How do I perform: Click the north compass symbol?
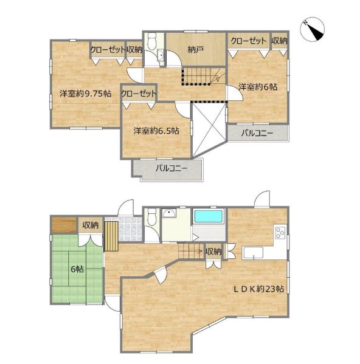point(312,29)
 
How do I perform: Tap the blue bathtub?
point(208,216)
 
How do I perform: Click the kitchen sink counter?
point(252,253)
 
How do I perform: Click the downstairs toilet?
point(151,216)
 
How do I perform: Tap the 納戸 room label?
point(196,49)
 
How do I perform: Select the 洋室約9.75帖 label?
point(85,94)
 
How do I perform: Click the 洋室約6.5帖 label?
point(156,131)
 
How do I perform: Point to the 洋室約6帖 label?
point(258,87)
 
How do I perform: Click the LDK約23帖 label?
point(258,289)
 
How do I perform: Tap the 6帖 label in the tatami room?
point(77,269)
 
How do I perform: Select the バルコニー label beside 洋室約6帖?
point(257,133)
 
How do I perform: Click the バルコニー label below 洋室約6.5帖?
point(171,168)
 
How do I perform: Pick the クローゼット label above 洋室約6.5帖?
point(139,94)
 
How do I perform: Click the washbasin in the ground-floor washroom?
point(169,213)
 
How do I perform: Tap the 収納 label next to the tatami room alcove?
point(91,225)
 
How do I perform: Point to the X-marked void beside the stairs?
point(209,130)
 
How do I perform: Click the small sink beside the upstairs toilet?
point(160,55)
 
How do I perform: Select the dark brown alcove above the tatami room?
point(64,224)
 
